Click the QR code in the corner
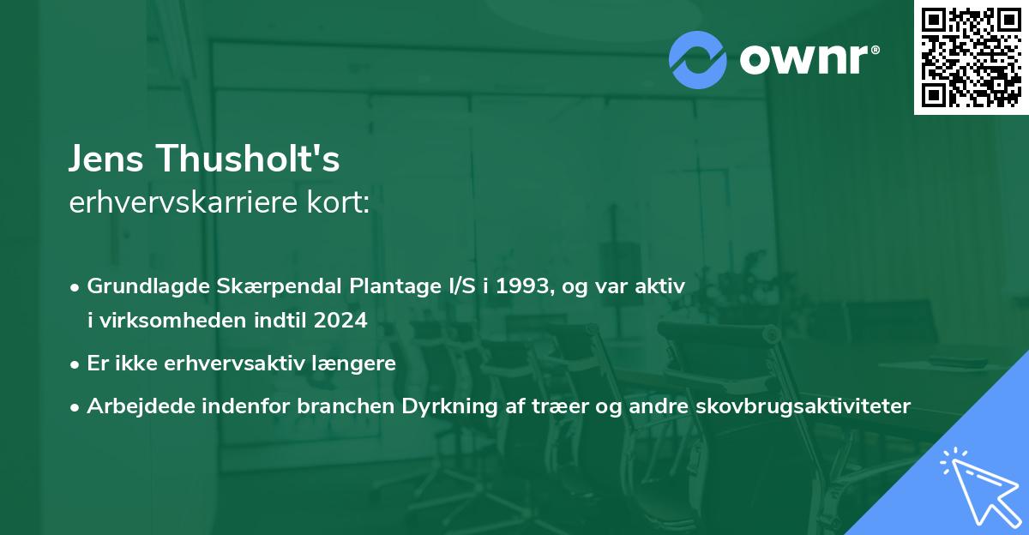pyautogui.click(x=971, y=57)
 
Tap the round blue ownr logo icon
pyautogui.click(x=697, y=59)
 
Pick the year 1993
pyautogui.click(x=512, y=287)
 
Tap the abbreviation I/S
pyautogui.click(x=454, y=287)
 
